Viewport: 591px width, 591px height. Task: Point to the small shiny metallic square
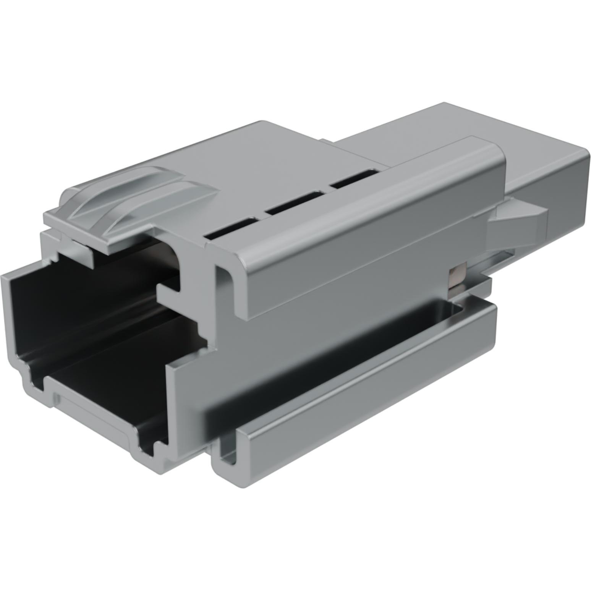pyautogui.click(x=456, y=277)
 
